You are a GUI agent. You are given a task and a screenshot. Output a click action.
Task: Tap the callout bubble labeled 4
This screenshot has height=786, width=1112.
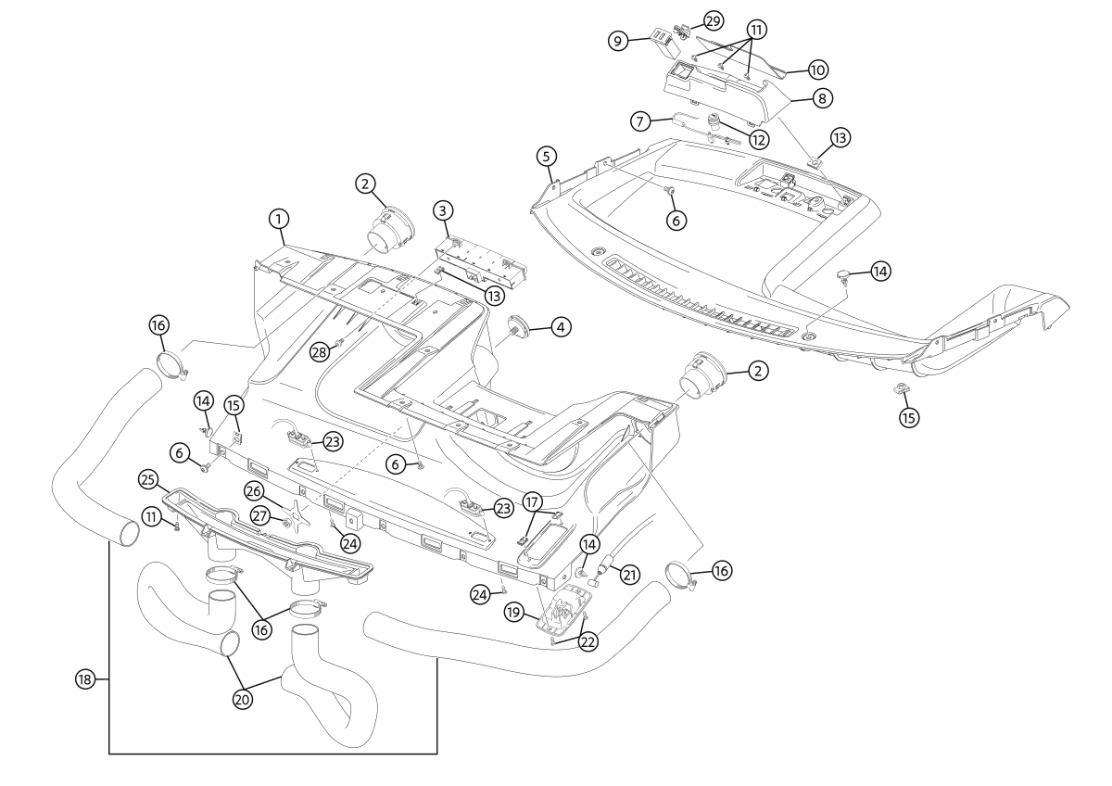point(561,326)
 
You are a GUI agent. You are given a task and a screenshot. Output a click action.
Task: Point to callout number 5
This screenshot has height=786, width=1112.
point(547,155)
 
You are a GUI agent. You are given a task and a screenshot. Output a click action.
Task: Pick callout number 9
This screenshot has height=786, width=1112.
point(618,41)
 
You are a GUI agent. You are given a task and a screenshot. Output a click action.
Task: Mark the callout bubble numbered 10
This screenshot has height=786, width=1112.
point(817,70)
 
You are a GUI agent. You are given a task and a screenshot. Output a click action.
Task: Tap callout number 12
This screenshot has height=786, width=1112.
point(759,141)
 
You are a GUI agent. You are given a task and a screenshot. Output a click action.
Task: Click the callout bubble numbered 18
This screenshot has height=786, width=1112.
point(85,679)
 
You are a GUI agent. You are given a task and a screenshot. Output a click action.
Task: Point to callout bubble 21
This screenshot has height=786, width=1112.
point(630,575)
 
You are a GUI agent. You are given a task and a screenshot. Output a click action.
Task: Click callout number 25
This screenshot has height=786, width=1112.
point(145,479)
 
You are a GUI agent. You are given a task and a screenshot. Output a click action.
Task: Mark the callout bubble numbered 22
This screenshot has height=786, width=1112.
point(588,640)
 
